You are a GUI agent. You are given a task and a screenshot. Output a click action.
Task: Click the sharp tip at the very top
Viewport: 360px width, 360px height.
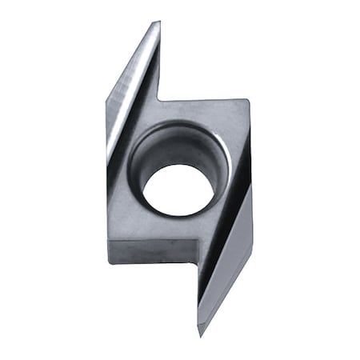click(158, 22)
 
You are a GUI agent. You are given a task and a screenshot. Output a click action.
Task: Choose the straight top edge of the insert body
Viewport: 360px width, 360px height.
click(204, 100)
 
